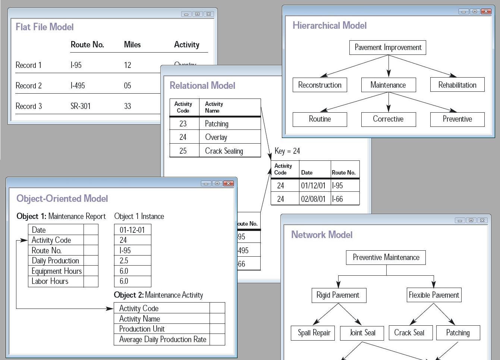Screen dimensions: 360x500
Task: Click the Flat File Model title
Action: (x=44, y=27)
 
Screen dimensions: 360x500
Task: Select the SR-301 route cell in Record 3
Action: (x=81, y=106)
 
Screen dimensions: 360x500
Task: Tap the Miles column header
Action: (x=132, y=45)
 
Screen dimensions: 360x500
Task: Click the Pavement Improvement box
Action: (x=388, y=48)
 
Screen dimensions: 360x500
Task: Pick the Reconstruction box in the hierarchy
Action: (x=320, y=85)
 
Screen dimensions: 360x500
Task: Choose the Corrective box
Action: (x=388, y=119)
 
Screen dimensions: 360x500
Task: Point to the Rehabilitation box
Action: (x=457, y=85)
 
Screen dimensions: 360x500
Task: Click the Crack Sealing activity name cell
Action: (x=224, y=151)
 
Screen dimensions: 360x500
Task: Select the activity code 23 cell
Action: (x=183, y=123)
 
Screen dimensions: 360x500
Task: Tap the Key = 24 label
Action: (x=287, y=151)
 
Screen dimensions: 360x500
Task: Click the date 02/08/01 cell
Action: (x=313, y=199)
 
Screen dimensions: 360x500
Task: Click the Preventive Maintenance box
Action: (x=386, y=257)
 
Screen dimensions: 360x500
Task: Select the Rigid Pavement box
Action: (x=338, y=295)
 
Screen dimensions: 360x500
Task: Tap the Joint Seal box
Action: (x=362, y=333)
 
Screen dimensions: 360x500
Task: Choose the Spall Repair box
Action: (x=314, y=333)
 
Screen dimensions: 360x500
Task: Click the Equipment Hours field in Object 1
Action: (x=56, y=271)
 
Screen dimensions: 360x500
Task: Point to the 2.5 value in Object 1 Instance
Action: (x=124, y=260)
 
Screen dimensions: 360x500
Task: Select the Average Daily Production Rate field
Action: (x=163, y=339)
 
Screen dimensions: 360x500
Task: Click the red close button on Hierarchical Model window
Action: (x=486, y=11)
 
